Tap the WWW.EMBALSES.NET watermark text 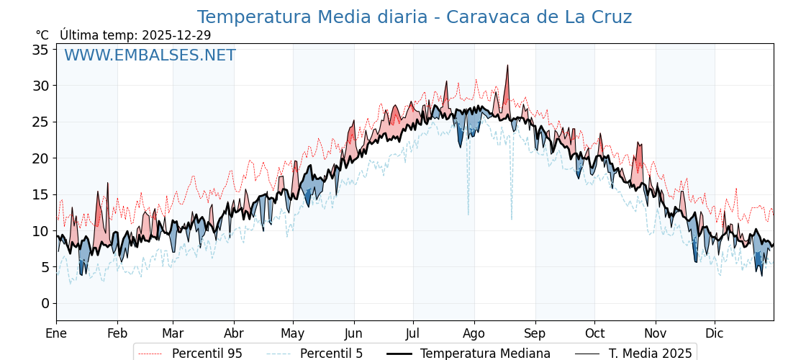pos(150,55)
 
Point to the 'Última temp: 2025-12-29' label pos(135,35)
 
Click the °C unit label pos(42,35)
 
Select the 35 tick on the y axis pos(40,50)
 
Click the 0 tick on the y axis pos(45,303)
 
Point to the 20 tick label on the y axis pos(40,158)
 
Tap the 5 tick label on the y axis pos(45,267)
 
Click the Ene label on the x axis pos(56,333)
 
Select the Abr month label pos(234,333)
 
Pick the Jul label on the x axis pos(413,333)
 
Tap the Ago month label pos(474,333)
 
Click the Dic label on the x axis pos(715,333)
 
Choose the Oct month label pos(594,333)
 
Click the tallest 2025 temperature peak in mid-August pos(507,66)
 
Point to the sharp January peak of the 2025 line pos(107,184)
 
